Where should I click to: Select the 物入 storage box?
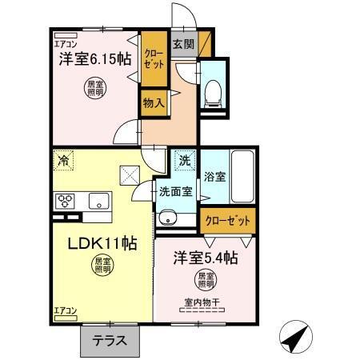[154, 102]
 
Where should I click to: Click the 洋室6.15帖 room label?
[94, 58]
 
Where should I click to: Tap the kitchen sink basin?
[98, 200]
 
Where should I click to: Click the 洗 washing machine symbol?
[184, 160]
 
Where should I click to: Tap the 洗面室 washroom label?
[174, 192]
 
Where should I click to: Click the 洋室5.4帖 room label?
[206, 258]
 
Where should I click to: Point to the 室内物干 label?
[202, 302]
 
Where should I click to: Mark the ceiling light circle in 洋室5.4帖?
[206, 280]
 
